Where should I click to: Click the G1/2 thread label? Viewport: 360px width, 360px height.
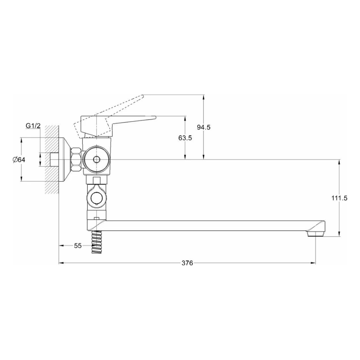click(33, 126)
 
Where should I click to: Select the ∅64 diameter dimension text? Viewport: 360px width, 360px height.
click(18, 160)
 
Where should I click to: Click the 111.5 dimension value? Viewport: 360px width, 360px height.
click(339, 198)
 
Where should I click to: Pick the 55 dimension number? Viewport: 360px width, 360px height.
click(78, 246)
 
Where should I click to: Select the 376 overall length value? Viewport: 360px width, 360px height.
click(187, 263)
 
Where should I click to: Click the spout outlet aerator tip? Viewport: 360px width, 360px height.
click(316, 234)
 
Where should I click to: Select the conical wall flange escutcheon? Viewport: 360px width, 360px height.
click(65, 159)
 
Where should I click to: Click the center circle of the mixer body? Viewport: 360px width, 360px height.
click(96, 159)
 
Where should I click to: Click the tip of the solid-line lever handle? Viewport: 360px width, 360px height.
click(155, 117)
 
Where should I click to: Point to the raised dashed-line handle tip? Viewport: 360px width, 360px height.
click(143, 95)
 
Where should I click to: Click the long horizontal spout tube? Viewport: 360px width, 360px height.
click(209, 226)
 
